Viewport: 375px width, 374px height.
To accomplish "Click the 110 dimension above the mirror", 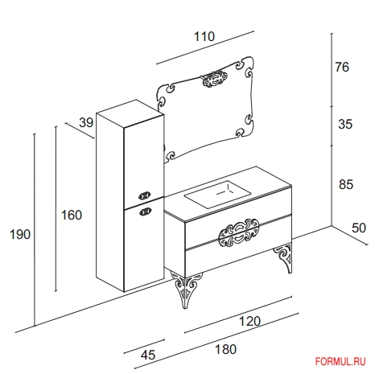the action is pyautogui.click(x=204, y=36).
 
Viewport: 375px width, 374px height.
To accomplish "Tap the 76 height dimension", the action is pyautogui.click(x=342, y=67).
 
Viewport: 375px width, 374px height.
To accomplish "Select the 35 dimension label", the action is pyautogui.click(x=345, y=124).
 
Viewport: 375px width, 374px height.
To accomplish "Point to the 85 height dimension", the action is pyautogui.click(x=346, y=184).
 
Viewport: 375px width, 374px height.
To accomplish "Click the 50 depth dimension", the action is pyautogui.click(x=359, y=228).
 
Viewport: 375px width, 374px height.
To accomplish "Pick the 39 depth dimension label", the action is pyautogui.click(x=86, y=122).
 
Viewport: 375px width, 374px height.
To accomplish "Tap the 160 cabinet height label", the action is pyautogui.click(x=72, y=215).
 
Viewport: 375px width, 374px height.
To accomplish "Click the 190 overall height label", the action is pyautogui.click(x=20, y=235).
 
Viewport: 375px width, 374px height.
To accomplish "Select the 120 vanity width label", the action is pyautogui.click(x=249, y=321).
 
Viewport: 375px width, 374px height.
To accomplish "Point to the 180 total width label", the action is pyautogui.click(x=225, y=349).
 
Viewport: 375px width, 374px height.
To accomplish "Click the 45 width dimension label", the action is pyautogui.click(x=148, y=355).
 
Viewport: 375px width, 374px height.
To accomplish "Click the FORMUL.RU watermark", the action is pyautogui.click(x=340, y=362).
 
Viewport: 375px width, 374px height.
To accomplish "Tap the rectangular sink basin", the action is pyautogui.click(x=217, y=194).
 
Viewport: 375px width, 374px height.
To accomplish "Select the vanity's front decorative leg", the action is pyautogui.click(x=185, y=289).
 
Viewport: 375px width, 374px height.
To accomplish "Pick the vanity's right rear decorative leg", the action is pyautogui.click(x=284, y=257).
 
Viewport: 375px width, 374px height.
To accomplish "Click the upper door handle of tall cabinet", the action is pyautogui.click(x=145, y=195).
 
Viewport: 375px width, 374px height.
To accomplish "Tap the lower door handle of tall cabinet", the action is pyautogui.click(x=145, y=212).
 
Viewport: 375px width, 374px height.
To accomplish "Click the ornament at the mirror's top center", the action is pyautogui.click(x=215, y=78).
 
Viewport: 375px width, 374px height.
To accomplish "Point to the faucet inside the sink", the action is pyautogui.click(x=225, y=190).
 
